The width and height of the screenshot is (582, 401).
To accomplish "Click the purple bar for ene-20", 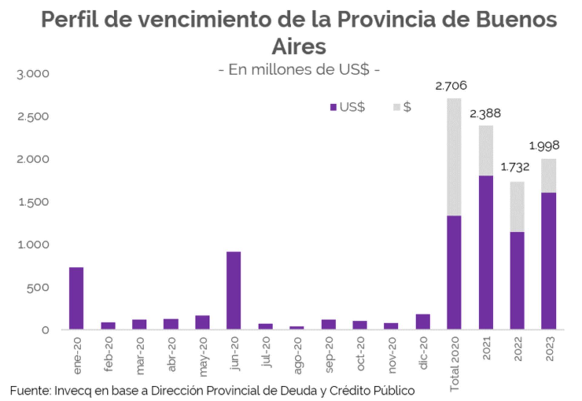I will [x=76, y=298].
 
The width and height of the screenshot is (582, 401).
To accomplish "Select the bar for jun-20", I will [x=233, y=290].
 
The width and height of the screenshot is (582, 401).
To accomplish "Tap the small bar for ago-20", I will [x=296, y=328].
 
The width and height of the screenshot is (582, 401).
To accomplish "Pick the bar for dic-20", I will [x=423, y=322].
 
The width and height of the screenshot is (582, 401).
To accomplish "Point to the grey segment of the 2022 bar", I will [x=517, y=207].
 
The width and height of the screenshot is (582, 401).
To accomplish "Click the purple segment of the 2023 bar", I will [x=549, y=261].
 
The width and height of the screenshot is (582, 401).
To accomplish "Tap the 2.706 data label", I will [x=451, y=86].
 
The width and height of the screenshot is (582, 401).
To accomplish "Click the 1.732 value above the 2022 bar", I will [x=515, y=167].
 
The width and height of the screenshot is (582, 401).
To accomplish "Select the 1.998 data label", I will [x=544, y=146].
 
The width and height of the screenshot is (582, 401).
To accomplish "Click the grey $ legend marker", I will [x=397, y=107].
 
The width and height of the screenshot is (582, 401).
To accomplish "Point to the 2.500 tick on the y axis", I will [x=33, y=116].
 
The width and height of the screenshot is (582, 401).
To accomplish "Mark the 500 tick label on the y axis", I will [x=38, y=288].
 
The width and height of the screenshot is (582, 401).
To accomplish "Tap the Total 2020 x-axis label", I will [x=454, y=364].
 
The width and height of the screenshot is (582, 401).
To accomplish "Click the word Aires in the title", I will [x=299, y=47].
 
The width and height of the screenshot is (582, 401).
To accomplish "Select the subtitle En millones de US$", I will [x=299, y=70].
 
